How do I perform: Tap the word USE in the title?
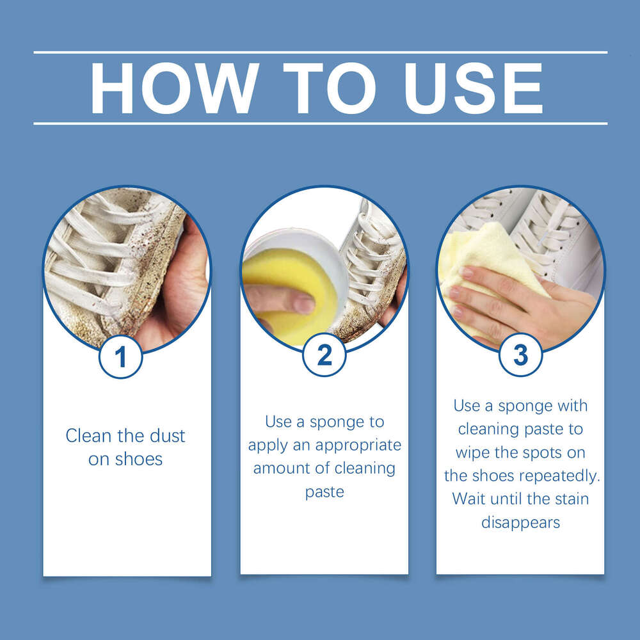click(x=474, y=88)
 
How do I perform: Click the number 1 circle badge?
click(x=120, y=356)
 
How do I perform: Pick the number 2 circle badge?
click(x=324, y=355)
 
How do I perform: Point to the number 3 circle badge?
click(x=520, y=355)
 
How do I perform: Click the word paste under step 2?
click(x=324, y=492)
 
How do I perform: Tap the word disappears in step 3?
click(x=520, y=522)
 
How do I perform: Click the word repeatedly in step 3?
click(x=560, y=476)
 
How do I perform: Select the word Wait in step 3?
click(x=469, y=499)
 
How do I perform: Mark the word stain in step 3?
click(x=567, y=499)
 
